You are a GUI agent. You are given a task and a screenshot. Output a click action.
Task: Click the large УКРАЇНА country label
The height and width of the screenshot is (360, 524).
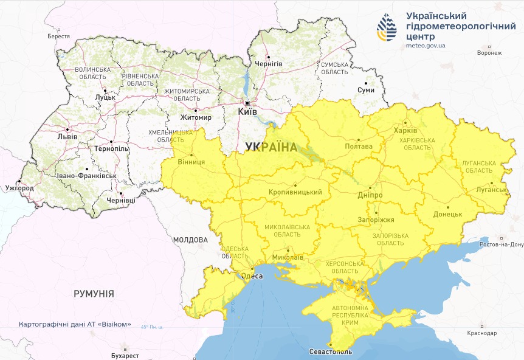271,147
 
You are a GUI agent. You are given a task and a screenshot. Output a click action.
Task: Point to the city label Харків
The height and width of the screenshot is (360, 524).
405,131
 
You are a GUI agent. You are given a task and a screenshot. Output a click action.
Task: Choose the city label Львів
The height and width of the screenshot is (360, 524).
67,136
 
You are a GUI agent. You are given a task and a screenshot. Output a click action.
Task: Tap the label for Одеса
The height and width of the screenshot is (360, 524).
252,276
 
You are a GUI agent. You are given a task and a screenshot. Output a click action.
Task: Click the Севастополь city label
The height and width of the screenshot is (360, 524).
330,351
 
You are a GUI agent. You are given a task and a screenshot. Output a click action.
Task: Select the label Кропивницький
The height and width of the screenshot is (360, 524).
295,192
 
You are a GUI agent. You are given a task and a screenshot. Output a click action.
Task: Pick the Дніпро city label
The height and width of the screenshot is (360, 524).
369,195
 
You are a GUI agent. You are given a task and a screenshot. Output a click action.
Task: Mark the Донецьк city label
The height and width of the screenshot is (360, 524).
448,215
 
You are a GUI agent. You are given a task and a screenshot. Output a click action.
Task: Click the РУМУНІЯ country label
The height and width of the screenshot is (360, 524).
94,294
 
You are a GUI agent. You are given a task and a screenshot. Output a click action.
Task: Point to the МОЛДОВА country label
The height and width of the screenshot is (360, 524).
190,240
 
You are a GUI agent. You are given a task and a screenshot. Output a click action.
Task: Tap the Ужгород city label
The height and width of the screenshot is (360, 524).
19,188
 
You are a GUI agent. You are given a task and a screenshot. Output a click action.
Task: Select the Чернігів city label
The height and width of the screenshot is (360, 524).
269,64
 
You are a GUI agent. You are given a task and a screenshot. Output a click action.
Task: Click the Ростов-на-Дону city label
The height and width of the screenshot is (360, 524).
501,244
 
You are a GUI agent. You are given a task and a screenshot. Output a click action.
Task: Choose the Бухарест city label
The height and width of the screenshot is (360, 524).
125,355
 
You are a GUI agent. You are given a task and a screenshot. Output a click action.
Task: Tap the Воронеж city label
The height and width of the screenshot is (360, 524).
489,52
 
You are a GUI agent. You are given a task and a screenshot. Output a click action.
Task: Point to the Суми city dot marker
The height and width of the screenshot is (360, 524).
366,83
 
